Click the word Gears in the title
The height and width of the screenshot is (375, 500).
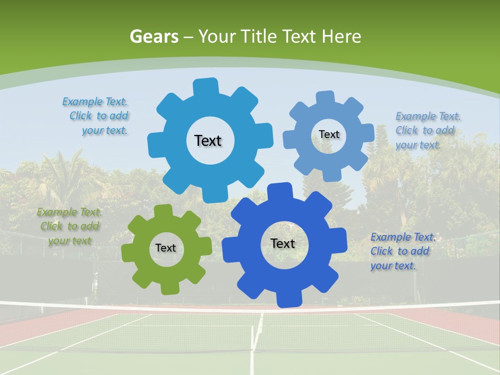[154, 36]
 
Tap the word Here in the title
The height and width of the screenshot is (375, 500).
[342, 36]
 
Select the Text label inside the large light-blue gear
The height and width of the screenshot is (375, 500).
[208, 141]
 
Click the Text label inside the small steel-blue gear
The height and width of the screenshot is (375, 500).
[329, 134]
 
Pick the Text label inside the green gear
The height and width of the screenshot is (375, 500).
[166, 248]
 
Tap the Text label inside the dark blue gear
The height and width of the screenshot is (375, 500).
[283, 243]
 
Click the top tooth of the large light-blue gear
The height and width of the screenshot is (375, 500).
[206, 86]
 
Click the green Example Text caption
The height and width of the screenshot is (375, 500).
[69, 227]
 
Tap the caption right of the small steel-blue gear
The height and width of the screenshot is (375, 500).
[427, 130]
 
